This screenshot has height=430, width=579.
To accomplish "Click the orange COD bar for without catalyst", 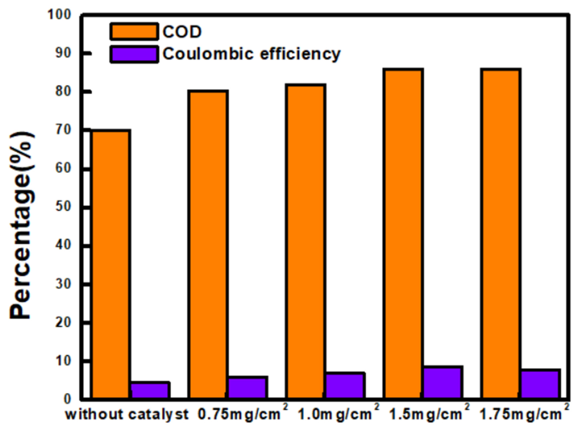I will (111, 264).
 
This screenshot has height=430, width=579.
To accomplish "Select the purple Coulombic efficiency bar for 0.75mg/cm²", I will (248, 388).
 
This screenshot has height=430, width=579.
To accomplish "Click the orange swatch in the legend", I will (134, 31).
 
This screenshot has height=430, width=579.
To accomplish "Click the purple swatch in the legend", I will (134, 54).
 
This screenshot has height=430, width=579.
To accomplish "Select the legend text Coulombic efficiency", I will (252, 54).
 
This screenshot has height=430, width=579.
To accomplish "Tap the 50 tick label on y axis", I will (63, 207).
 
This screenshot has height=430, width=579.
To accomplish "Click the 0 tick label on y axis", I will (67, 399).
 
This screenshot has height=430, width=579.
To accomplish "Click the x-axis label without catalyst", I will (127, 414).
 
